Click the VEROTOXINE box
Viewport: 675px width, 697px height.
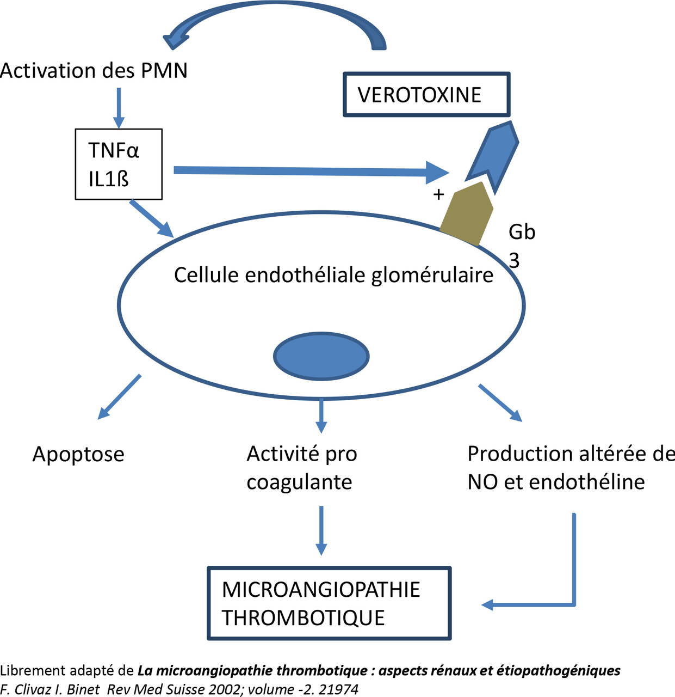[426, 95]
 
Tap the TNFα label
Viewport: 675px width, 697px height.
[114, 150]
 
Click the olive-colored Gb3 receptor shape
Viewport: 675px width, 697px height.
[467, 214]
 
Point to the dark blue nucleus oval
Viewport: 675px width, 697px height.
[321, 357]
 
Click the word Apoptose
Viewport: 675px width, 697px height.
[78, 454]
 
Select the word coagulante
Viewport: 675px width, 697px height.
[299, 482]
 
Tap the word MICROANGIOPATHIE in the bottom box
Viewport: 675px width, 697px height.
[321, 590]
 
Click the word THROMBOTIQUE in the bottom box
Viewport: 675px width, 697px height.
[303, 618]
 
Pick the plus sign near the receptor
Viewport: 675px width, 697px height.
[438, 194]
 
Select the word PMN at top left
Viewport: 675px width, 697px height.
[164, 71]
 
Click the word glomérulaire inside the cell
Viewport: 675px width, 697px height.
[432, 276]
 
